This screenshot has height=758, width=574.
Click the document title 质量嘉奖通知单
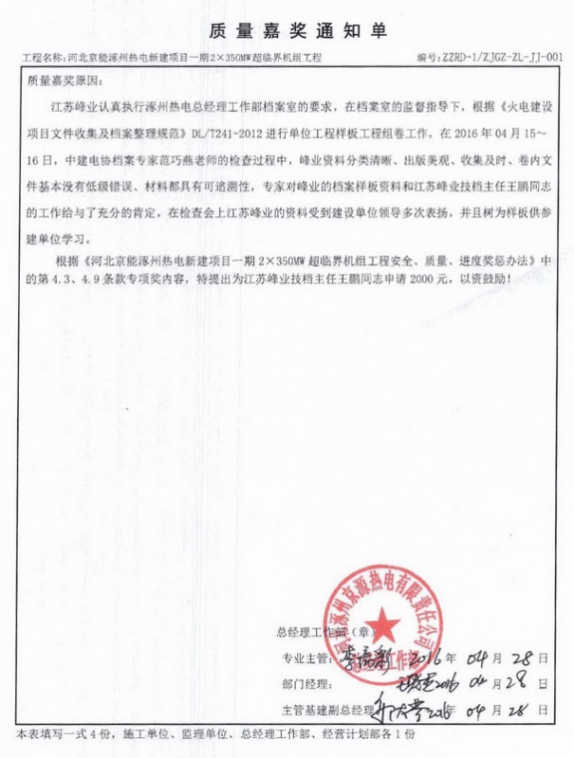pyautogui.click(x=287, y=31)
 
